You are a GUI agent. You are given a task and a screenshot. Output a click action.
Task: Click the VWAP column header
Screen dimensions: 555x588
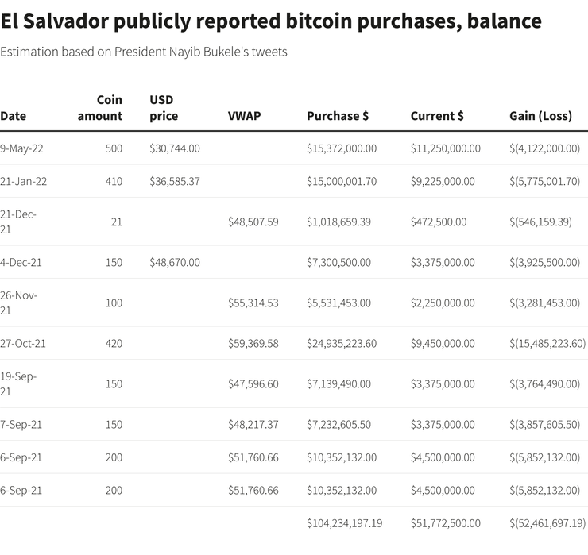244,116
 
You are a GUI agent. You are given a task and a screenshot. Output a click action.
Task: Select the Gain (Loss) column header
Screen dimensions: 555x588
540,116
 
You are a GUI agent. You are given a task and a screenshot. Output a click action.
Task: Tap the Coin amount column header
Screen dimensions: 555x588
100,108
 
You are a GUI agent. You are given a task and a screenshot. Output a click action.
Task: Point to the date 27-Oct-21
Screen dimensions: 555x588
23,343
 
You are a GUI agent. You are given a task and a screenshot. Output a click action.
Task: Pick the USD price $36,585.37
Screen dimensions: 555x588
175,181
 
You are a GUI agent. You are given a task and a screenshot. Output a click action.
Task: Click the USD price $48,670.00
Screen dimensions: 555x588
175,262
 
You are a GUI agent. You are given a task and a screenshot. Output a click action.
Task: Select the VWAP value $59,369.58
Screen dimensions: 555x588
253,343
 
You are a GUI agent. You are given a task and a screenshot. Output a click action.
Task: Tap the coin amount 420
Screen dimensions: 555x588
114,343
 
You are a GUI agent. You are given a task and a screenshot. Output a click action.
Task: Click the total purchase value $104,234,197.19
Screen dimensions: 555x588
345,523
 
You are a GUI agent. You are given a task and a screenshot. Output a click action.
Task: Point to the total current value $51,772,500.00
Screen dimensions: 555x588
446,523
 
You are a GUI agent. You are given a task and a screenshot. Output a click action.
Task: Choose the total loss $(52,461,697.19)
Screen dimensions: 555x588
547,523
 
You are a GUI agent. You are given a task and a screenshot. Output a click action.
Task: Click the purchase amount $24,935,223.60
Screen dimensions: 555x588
342,343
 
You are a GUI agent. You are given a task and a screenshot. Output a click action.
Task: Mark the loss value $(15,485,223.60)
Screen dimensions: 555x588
547,343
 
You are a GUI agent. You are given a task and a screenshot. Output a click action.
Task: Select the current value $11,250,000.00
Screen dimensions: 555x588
446,148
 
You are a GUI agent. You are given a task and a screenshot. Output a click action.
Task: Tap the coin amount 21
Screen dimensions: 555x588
117,222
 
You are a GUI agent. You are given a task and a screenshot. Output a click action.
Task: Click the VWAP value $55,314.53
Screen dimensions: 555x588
253,303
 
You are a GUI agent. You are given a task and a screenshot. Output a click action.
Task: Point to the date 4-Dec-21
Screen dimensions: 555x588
21,262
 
